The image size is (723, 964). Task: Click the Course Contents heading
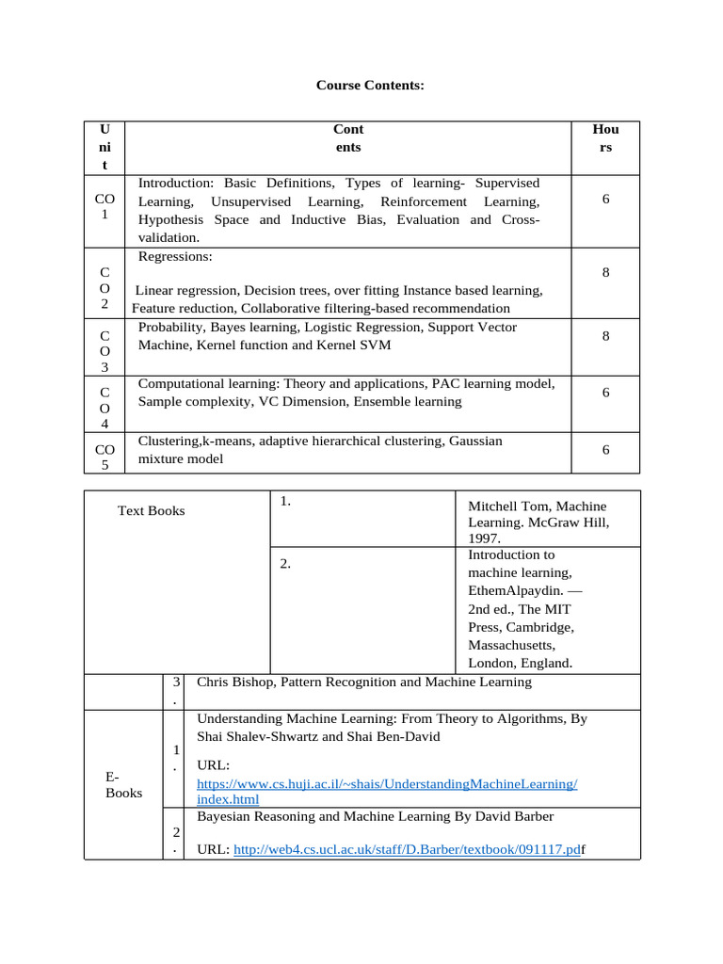370,86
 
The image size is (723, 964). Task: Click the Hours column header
605,138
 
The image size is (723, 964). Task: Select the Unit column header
104,147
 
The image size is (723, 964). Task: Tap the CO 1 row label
104,207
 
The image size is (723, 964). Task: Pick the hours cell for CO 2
605,272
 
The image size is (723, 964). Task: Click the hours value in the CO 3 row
605,335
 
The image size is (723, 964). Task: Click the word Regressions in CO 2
175,256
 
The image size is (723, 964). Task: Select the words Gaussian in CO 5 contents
475,441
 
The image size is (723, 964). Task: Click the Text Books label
151,510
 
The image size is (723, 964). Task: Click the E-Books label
123,784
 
